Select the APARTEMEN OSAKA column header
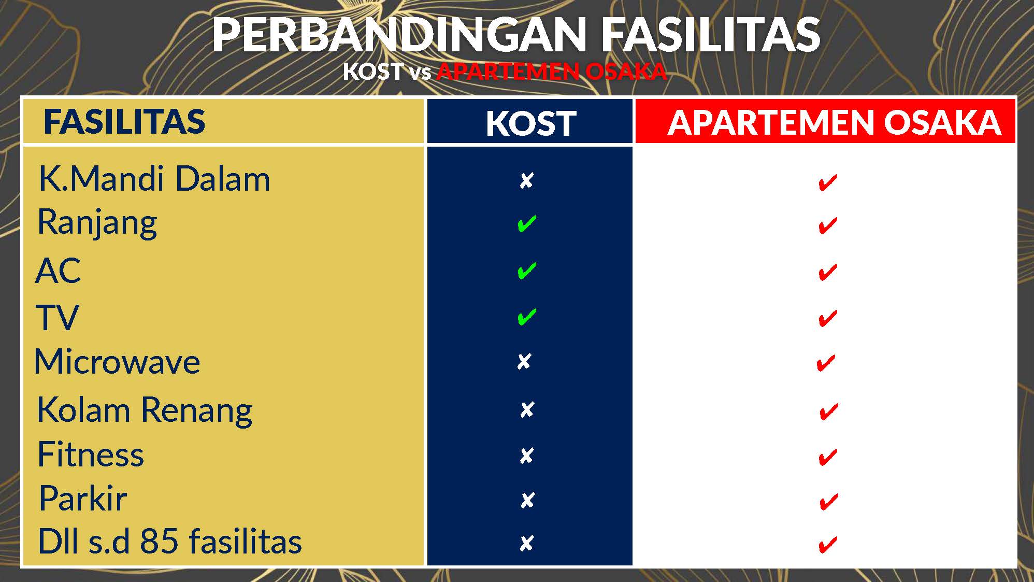[834, 122]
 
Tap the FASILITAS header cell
[124, 121]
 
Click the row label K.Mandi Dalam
[154, 179]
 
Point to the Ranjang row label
[97, 223]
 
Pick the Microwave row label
[117, 361]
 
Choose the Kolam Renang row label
[145, 411]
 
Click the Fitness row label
[91, 455]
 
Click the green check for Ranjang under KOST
[527, 224]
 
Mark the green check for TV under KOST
[527, 317]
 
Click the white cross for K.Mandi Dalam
[526, 180]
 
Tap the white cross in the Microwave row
[524, 361]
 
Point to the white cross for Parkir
[527, 500]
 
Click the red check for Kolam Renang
[829, 411]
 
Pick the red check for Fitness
[828, 457]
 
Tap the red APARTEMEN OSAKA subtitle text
[551, 72]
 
